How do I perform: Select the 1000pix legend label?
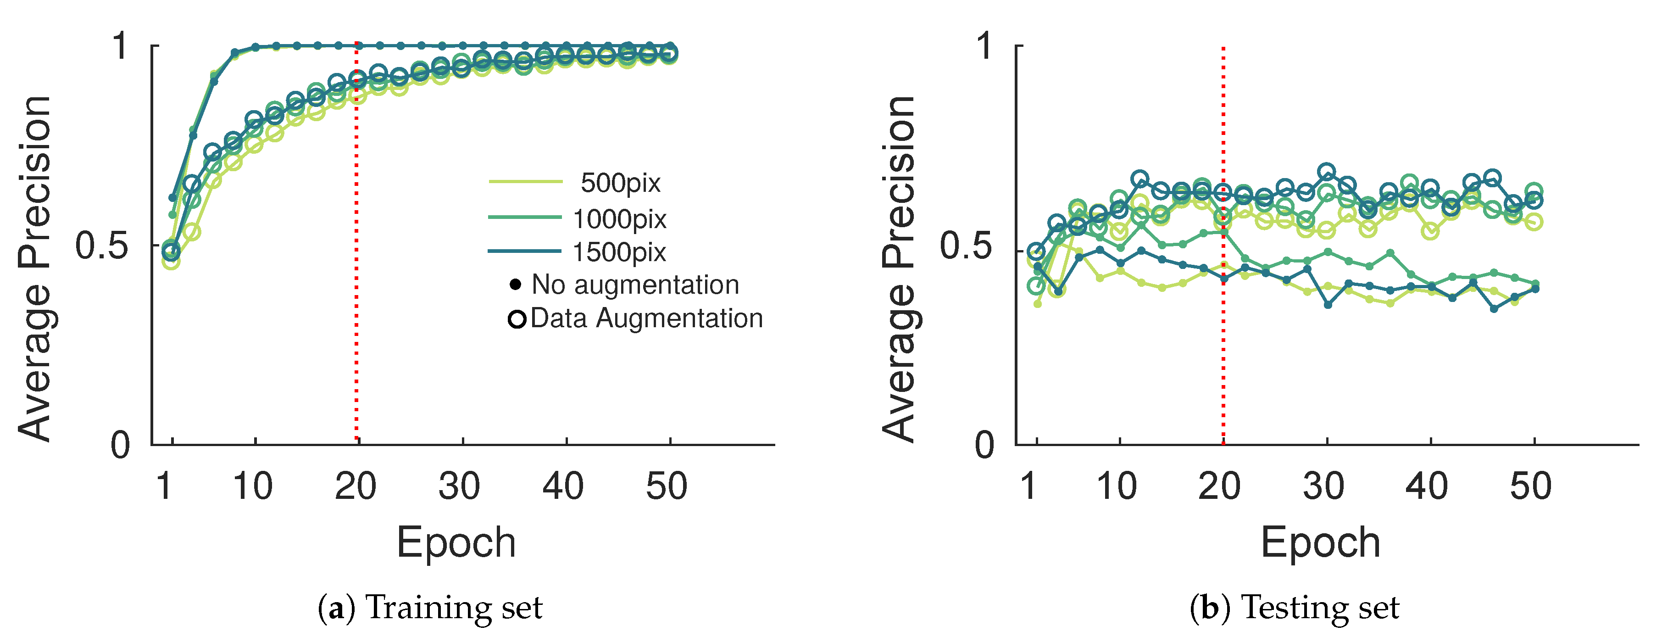619,219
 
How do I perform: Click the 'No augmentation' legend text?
635,285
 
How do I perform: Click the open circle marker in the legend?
517,319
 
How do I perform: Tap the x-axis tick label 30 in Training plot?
459,486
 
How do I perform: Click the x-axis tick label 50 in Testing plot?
1530,486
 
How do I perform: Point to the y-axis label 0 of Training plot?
120,445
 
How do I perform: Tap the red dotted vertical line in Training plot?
356,362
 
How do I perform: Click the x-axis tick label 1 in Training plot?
164,486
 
